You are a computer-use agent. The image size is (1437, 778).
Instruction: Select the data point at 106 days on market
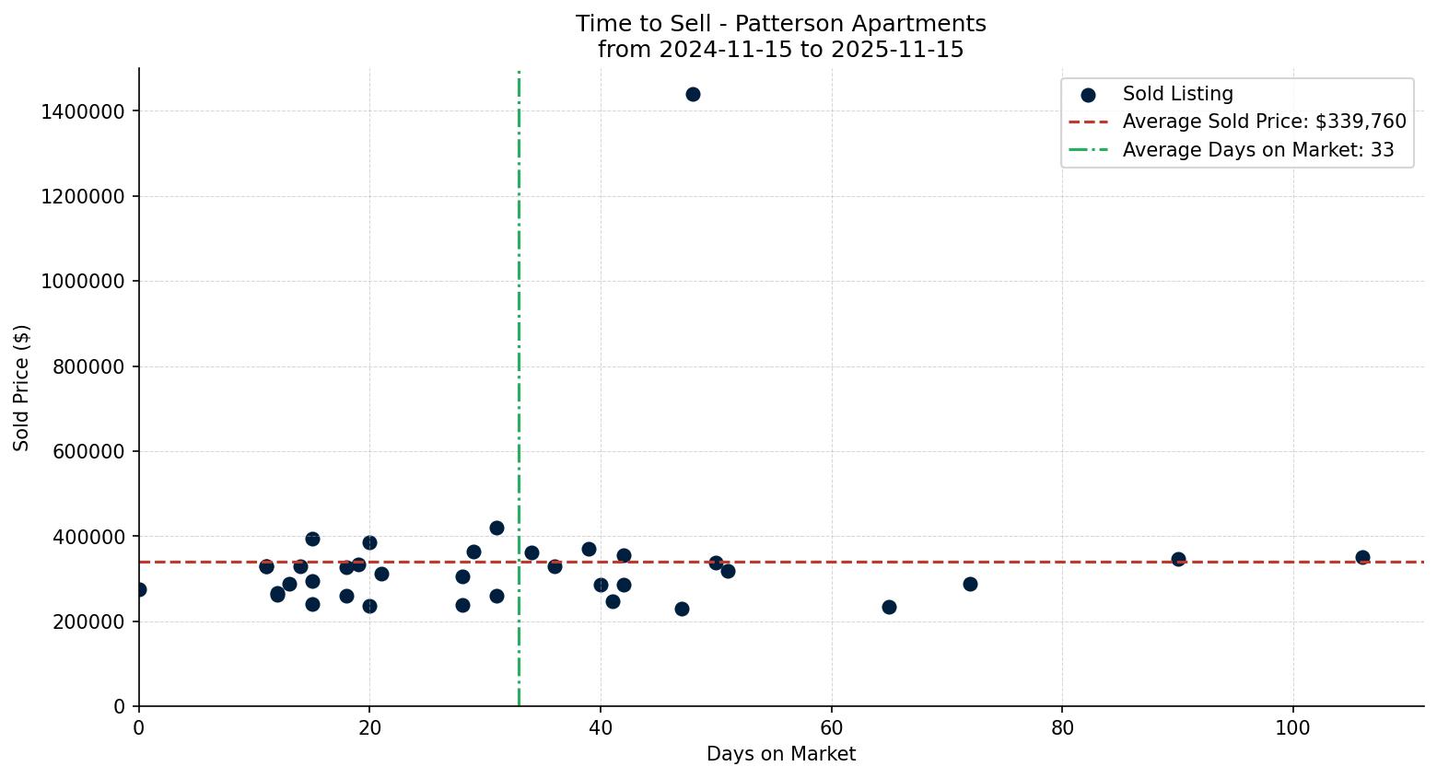pyautogui.click(x=1362, y=557)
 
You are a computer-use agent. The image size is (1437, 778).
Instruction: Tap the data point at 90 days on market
pyautogui.click(x=1178, y=559)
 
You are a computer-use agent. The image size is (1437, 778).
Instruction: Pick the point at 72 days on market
pyautogui.click(x=970, y=584)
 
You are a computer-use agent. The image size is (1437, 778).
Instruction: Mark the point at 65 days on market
pyautogui.click(x=889, y=607)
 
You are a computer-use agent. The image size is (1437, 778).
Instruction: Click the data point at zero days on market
pyautogui.click(x=139, y=589)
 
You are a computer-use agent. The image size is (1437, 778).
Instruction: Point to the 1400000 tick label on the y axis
pyautogui.click(x=84, y=111)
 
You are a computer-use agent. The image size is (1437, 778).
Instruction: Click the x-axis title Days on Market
pyautogui.click(x=780, y=754)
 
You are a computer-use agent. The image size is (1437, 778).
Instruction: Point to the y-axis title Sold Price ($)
pyautogui.click(x=22, y=388)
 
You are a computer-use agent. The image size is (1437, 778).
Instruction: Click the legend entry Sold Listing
pyautogui.click(x=1176, y=94)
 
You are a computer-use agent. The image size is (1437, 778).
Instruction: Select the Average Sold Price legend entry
pyautogui.click(x=1263, y=122)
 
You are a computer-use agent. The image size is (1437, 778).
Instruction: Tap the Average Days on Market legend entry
pyautogui.click(x=1257, y=150)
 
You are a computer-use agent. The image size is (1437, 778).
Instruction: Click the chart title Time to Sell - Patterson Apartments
pyautogui.click(x=780, y=24)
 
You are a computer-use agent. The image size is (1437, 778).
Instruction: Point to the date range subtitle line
pyautogui.click(x=780, y=50)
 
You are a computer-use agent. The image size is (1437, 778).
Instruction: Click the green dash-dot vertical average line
pyautogui.click(x=519, y=276)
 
